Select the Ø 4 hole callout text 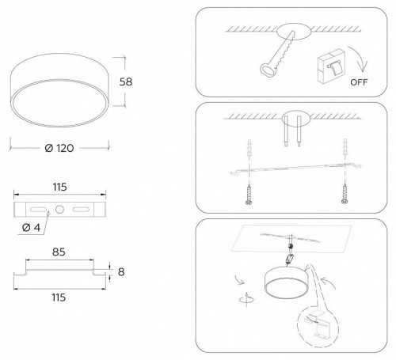32,229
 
